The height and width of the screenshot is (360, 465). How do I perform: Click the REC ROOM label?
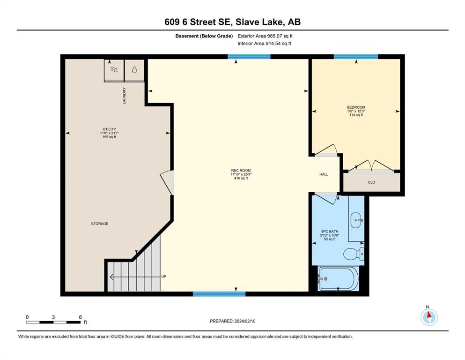pos(241,170)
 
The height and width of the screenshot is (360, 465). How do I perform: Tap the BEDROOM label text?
pos(356,107)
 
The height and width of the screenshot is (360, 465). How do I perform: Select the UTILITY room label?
pos(109,129)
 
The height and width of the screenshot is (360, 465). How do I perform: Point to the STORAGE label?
pos(100,224)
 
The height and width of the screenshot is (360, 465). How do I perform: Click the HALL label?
pos(324,174)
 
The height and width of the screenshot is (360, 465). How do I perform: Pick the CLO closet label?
pos(372,182)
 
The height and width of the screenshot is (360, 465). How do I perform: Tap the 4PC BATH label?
pos(330,232)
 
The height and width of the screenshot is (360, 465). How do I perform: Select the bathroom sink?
pos(357,220)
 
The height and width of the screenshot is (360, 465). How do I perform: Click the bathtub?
pos(339,278)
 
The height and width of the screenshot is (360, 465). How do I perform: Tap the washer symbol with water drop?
pos(134,70)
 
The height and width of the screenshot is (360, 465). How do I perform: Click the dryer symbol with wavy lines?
pos(114,70)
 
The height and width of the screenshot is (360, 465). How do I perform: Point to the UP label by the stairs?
pos(164,276)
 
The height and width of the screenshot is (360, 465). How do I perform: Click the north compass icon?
pos(429,316)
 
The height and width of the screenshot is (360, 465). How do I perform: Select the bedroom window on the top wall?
pos(356,56)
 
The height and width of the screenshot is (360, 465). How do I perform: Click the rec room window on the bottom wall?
pos(219,294)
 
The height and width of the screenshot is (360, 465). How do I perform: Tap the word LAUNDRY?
pos(124,96)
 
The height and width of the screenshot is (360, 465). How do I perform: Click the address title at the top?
pos(232,22)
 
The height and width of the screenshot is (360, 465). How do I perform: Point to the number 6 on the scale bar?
pos(80,317)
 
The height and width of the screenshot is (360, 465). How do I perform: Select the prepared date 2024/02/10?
pos(245,321)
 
